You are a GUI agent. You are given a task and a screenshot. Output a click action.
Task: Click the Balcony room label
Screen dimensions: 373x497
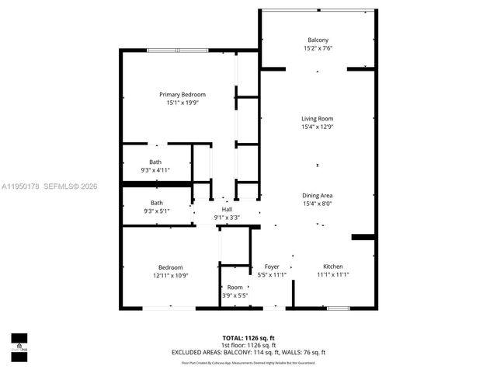coord(317,40)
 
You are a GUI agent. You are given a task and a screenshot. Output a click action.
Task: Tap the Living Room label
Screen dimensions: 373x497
coord(317,119)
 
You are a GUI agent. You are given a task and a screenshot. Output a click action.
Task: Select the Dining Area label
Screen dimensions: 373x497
coord(317,196)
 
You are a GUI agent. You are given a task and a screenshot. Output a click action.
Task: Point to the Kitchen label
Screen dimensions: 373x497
coord(332,267)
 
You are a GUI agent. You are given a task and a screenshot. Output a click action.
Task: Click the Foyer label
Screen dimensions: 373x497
coord(271,267)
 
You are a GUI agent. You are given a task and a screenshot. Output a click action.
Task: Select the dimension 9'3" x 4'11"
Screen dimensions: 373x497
coord(155,170)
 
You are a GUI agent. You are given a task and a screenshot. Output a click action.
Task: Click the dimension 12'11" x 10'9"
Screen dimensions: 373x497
coord(170,275)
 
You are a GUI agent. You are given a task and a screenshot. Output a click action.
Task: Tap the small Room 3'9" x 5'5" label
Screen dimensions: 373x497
coord(235,291)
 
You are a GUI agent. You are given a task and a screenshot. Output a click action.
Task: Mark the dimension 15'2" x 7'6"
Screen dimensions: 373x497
coord(317,48)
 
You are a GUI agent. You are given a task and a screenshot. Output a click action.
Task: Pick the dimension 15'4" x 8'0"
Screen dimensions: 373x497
coord(317,204)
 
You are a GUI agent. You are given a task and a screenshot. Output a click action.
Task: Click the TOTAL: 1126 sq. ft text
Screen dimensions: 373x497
coord(248,338)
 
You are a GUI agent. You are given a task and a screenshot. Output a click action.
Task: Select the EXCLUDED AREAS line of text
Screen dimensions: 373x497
coord(248,352)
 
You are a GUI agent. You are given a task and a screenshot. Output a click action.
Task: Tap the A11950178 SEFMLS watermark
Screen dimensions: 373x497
coord(50,186)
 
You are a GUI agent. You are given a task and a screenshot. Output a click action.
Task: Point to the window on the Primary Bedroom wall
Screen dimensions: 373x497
coord(177,51)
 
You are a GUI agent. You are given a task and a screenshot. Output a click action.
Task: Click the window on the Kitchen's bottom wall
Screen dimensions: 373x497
coord(338,309)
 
